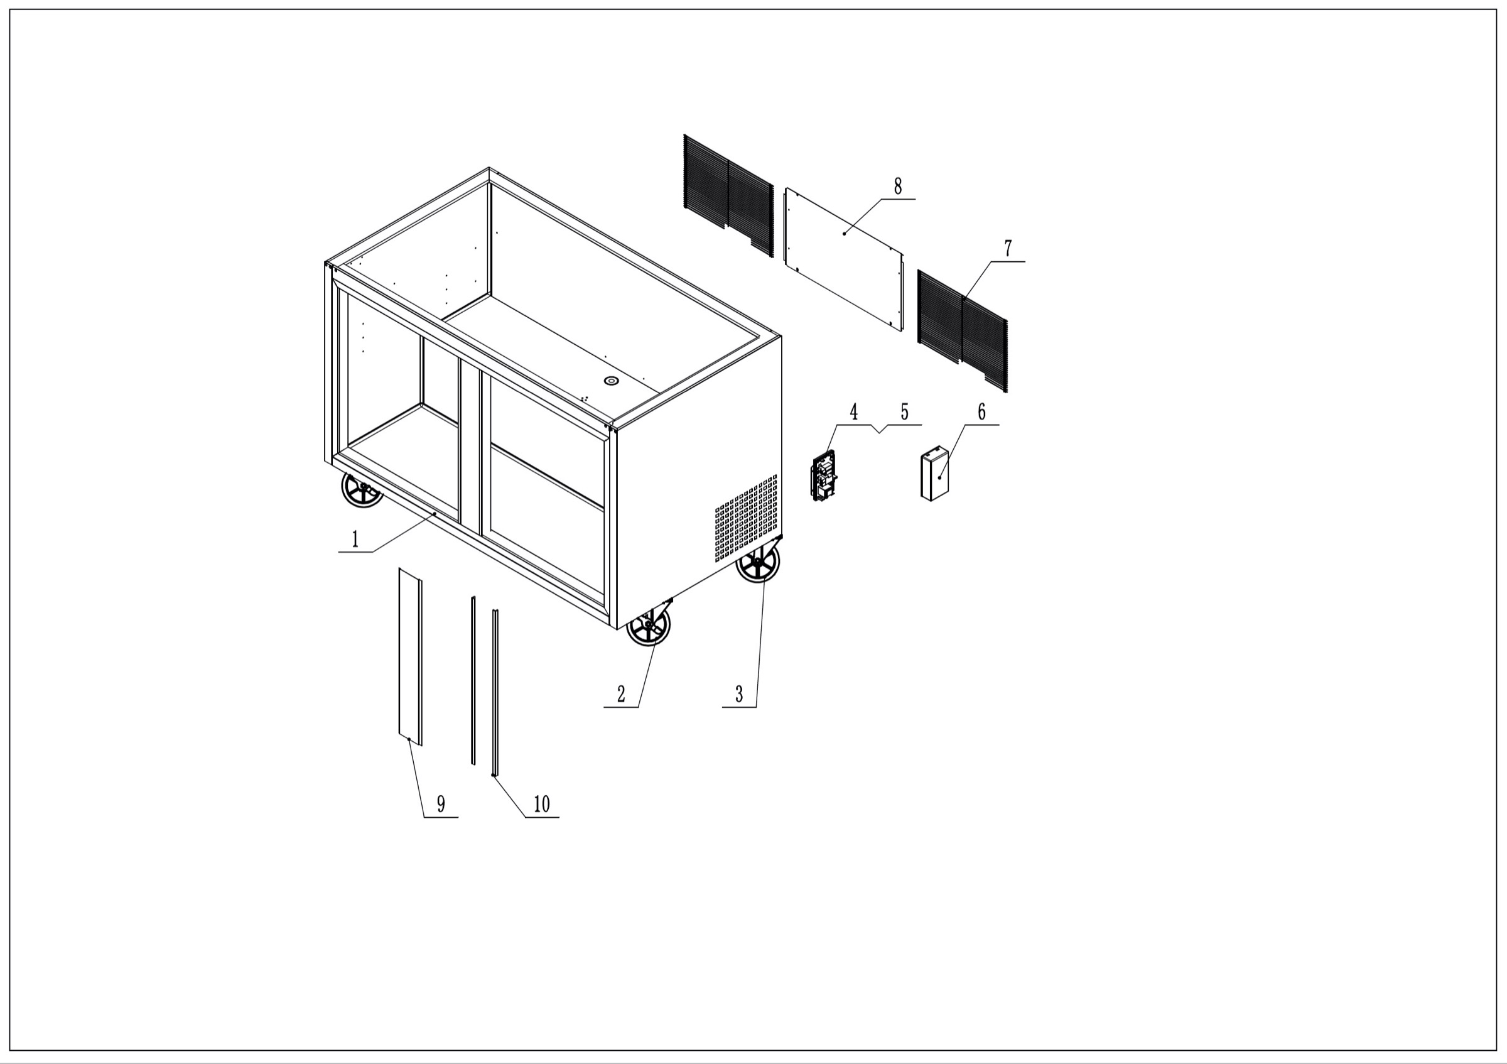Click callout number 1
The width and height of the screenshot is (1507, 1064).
[355, 540]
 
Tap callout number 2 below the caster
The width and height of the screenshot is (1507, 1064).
[621, 694]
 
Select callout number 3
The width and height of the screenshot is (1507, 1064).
[739, 694]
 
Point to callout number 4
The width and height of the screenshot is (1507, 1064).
[854, 412]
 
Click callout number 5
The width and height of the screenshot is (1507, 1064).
[904, 412]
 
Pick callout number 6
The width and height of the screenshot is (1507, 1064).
[982, 412]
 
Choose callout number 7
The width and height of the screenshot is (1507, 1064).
[1008, 249]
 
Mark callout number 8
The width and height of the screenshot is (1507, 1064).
[898, 187]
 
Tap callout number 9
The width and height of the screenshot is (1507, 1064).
[441, 803]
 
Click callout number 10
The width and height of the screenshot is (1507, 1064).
[541, 803]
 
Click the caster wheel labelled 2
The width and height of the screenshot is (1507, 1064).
[649, 627]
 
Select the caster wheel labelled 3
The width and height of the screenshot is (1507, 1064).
[757, 562]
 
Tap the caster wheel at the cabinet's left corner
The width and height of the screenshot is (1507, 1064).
[360, 489]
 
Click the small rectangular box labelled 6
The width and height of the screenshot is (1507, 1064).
[935, 474]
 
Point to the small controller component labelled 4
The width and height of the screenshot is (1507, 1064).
[824, 476]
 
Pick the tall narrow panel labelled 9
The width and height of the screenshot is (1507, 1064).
[410, 656]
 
